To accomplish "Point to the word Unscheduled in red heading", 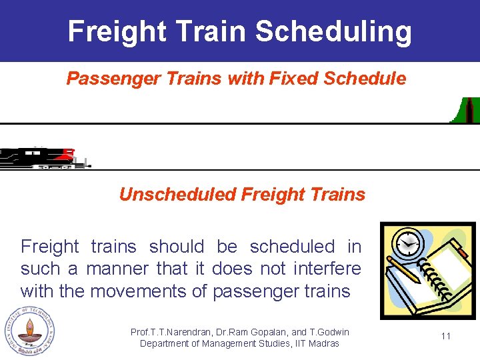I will [x=178, y=195].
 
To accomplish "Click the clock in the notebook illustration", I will [x=407, y=245].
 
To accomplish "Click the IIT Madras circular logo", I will [x=27, y=331].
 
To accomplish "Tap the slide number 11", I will [x=446, y=336].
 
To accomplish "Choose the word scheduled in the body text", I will [x=292, y=247].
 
